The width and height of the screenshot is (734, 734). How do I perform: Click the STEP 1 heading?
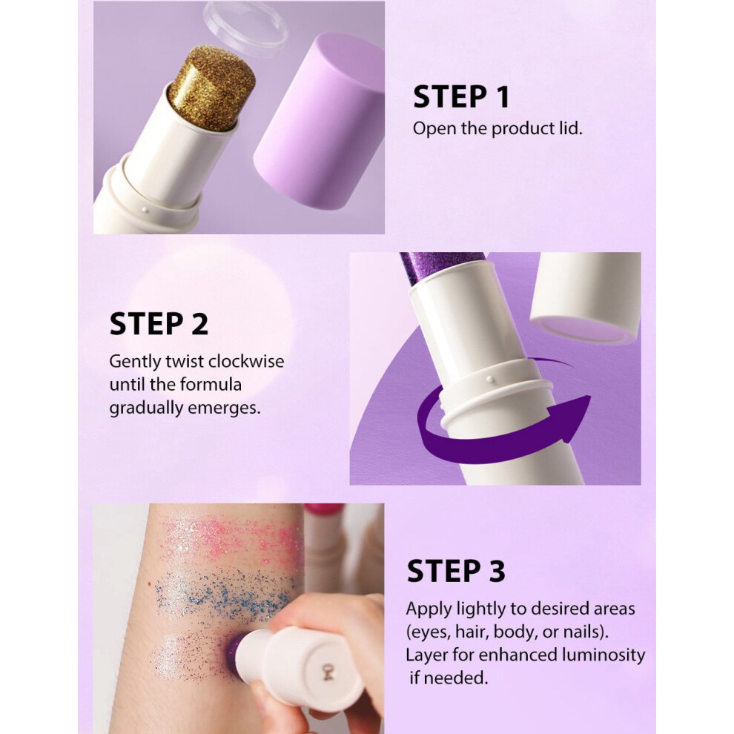pos(461,97)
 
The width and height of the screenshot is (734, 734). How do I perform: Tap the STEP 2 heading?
pos(159,324)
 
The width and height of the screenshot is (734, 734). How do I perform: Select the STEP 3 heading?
pos(456,571)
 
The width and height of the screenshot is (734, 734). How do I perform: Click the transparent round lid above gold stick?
pos(245,24)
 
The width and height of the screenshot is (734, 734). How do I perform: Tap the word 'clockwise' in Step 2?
pos(246,361)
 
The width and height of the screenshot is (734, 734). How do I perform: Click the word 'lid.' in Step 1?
pos(570,128)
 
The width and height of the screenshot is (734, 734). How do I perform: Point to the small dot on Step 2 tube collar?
pos(489,379)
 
